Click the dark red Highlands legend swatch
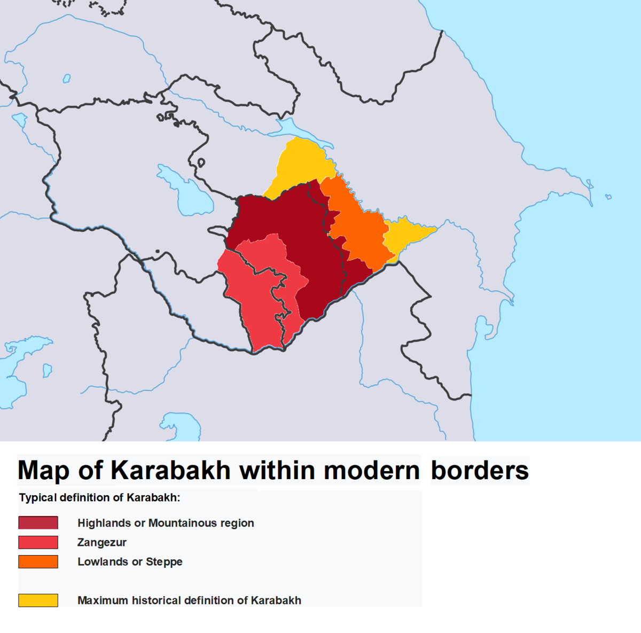click(x=38, y=522)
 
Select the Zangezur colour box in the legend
click(x=38, y=542)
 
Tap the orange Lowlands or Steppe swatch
click(x=38, y=561)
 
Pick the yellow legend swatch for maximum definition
click(x=38, y=600)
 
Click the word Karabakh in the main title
click(x=170, y=471)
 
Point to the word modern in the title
click(x=371, y=471)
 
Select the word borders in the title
click(x=479, y=471)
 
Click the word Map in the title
click(x=43, y=471)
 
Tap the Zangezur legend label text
click(x=101, y=542)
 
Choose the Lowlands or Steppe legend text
click(x=130, y=561)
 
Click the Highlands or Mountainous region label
click(x=166, y=523)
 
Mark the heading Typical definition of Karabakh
click(x=99, y=497)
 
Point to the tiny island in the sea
click(x=608, y=197)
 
